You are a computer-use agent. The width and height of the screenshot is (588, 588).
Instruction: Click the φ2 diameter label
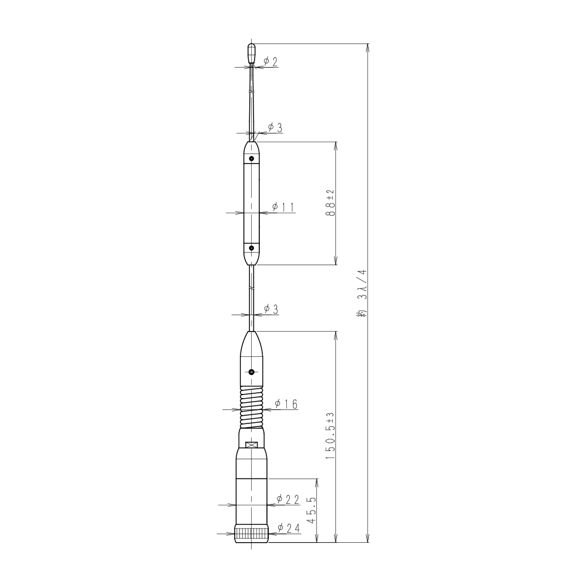pos(270,62)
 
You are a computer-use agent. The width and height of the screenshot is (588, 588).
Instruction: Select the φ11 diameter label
pos(283,207)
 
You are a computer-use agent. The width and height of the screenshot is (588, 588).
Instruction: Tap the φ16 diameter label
pos(286,404)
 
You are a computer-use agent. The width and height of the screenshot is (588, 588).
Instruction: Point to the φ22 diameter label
pos(288,499)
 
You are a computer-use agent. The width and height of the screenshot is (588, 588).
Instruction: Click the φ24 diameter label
pos(289,528)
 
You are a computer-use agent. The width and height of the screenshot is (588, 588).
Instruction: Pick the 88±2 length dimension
pos(330,203)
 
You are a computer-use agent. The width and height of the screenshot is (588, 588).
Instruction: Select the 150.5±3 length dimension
pos(330,436)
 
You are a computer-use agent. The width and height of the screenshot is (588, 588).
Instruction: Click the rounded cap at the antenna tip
pos(252,53)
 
